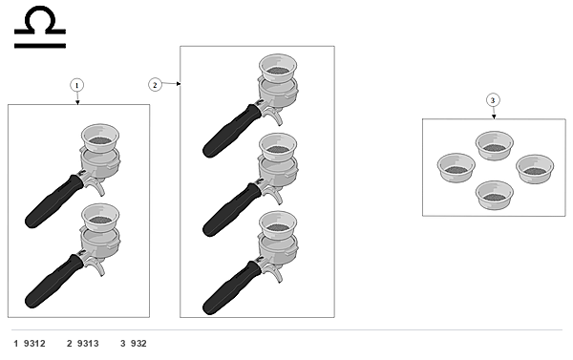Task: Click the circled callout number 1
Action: click(76, 86)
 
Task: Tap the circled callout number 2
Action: click(155, 85)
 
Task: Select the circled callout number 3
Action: click(493, 100)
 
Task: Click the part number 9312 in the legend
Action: click(34, 344)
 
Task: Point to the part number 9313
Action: click(88, 344)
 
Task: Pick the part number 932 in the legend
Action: click(138, 344)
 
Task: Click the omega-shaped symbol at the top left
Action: click(40, 27)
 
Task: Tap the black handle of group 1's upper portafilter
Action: click(53, 201)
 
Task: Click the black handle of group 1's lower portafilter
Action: click(53, 281)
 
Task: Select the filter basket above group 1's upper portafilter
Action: click(100, 138)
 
